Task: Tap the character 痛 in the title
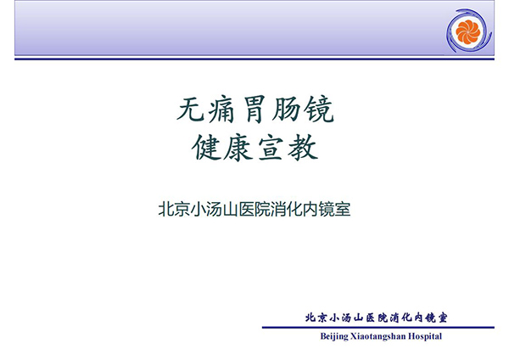[221, 110]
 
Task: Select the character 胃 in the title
[255, 110]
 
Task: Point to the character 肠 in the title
[286, 110]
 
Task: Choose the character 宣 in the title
[271, 148]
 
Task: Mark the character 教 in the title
[303, 148]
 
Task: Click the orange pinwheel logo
[467, 31]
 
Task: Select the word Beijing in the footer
[334, 336]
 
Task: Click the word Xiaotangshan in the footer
[378, 336]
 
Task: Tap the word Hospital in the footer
[425, 336]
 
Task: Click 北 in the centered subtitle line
[166, 209]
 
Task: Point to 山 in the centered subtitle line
[230, 209]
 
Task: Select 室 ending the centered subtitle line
[343, 209]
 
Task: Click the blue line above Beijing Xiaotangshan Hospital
[378, 327]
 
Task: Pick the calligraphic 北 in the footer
[311, 318]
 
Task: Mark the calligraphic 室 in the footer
[442, 318]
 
